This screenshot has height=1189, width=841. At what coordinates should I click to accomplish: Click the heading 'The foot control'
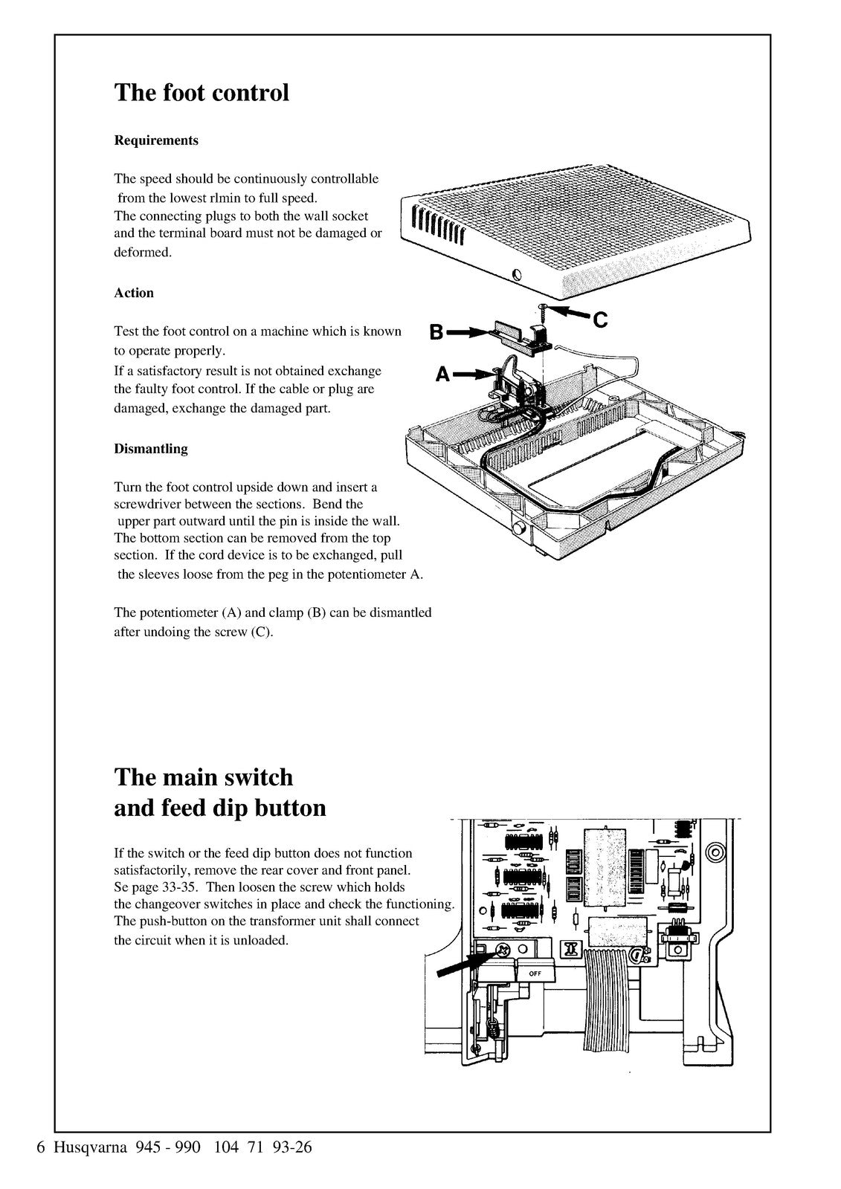(201, 93)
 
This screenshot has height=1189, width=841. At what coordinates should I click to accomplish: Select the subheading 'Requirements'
(155, 140)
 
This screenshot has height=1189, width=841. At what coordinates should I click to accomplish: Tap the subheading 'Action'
(134, 293)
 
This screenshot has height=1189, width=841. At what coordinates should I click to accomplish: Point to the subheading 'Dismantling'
(150, 449)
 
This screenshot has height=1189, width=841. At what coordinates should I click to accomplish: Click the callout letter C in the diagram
(600, 320)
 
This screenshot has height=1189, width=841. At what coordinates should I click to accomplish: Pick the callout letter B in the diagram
(436, 333)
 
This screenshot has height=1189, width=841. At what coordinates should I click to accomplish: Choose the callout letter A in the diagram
(442, 376)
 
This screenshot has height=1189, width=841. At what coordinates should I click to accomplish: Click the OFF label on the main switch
(535, 973)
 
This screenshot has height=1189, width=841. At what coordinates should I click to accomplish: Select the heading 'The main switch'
(203, 777)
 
